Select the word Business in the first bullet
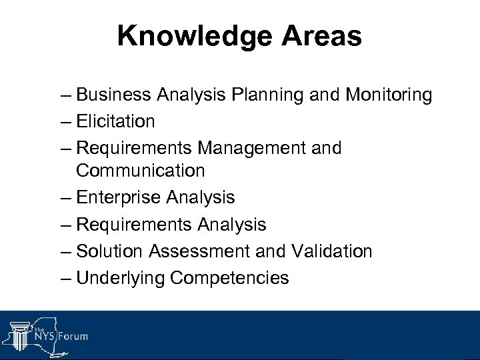114,95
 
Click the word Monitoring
389,95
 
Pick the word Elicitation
115,121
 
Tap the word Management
245,147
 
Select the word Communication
141,171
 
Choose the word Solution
110,251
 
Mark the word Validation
332,251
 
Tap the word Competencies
230,277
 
